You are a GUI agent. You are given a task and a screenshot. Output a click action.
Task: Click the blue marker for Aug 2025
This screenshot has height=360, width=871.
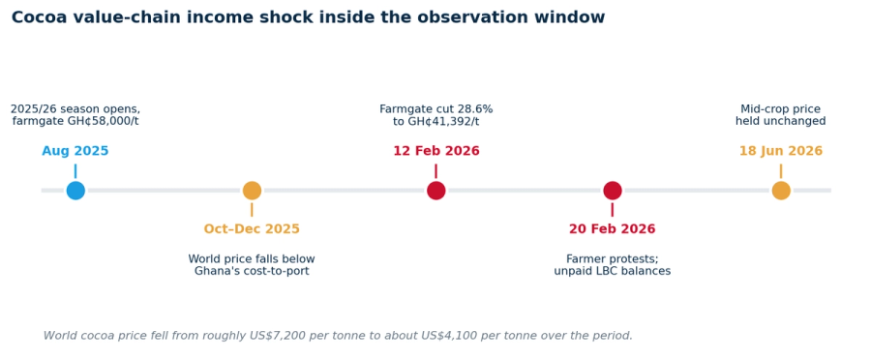click(75, 191)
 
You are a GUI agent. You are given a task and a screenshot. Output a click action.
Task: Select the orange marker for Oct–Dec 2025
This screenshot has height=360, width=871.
click(252, 191)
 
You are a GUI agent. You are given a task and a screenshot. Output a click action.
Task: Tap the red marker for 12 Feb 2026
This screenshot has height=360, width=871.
click(436, 191)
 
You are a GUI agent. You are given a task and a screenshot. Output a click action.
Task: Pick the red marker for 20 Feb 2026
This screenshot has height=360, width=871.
click(613, 191)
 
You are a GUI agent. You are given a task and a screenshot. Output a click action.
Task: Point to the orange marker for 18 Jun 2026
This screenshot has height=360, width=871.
click(780, 191)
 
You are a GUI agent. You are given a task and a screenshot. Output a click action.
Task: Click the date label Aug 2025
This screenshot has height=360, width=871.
click(75, 151)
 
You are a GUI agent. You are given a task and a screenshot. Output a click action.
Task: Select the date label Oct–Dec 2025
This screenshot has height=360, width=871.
click(252, 229)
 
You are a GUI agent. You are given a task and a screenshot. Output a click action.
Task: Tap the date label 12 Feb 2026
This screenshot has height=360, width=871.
click(436, 151)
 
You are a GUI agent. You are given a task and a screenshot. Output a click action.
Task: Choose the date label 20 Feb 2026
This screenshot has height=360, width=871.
click(613, 229)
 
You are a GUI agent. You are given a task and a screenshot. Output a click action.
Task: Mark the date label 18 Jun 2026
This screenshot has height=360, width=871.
click(780, 151)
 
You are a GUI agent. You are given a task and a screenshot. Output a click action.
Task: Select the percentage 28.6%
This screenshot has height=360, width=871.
click(474, 109)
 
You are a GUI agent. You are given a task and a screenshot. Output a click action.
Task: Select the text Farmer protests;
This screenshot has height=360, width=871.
click(613, 259)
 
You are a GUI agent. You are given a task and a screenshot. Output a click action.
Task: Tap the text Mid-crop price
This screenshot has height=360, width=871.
click(780, 109)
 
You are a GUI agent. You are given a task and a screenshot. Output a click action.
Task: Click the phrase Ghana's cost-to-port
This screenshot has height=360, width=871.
click(252, 271)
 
